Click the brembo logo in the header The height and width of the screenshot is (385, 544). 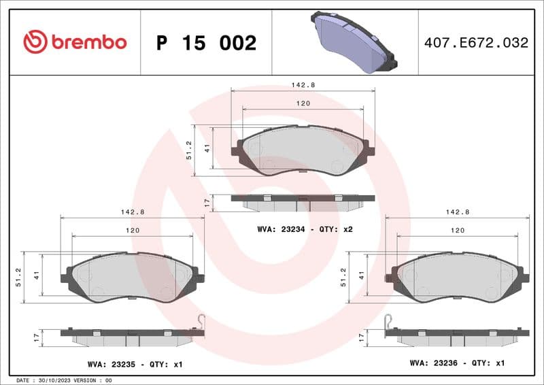coord(75,41)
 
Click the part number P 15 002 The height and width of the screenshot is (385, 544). coord(206,43)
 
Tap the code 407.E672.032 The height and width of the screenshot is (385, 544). coord(476,43)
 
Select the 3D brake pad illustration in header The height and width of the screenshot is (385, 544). coord(354,41)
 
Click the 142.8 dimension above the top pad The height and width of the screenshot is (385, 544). coord(303,85)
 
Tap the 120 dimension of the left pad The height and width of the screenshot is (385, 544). coord(133,231)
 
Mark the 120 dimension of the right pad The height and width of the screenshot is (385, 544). coord(458,231)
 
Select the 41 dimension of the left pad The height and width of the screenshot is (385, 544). coord(36,275)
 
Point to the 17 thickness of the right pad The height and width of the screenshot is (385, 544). coord(361,337)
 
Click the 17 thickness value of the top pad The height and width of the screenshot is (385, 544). coord(207,202)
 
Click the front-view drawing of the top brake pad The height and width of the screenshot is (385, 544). coord(303,151)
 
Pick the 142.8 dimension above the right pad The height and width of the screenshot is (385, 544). coord(458,212)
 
